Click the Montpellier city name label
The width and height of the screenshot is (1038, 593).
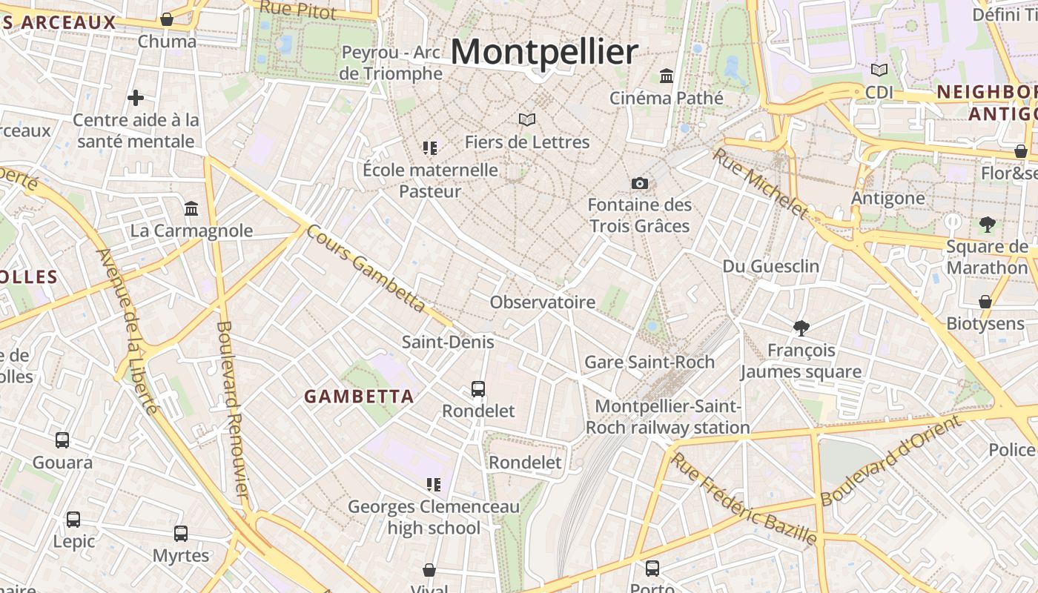(543, 53)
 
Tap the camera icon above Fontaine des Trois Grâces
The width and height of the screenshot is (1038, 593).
(639, 183)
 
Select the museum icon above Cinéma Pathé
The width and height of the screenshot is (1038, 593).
(666, 76)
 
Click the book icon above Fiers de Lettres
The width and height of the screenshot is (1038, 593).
(527, 119)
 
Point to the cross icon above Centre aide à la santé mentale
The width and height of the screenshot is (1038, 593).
(136, 97)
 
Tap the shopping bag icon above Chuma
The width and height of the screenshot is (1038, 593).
(167, 19)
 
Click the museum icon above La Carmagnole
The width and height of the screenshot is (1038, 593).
(191, 208)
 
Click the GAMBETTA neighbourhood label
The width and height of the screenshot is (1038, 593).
(359, 397)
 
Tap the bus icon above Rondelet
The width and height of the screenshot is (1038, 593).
(478, 388)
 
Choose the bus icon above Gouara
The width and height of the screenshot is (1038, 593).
(62, 440)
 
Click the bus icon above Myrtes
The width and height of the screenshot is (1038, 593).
(181, 533)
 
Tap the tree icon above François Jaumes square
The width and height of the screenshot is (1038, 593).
(801, 328)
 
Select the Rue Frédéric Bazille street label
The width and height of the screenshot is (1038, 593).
(744, 499)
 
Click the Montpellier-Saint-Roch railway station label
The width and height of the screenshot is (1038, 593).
(667, 417)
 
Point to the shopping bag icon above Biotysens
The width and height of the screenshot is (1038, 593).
(985, 302)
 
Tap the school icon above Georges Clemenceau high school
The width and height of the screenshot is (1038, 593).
(433, 485)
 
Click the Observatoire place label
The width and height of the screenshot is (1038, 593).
(542, 302)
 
